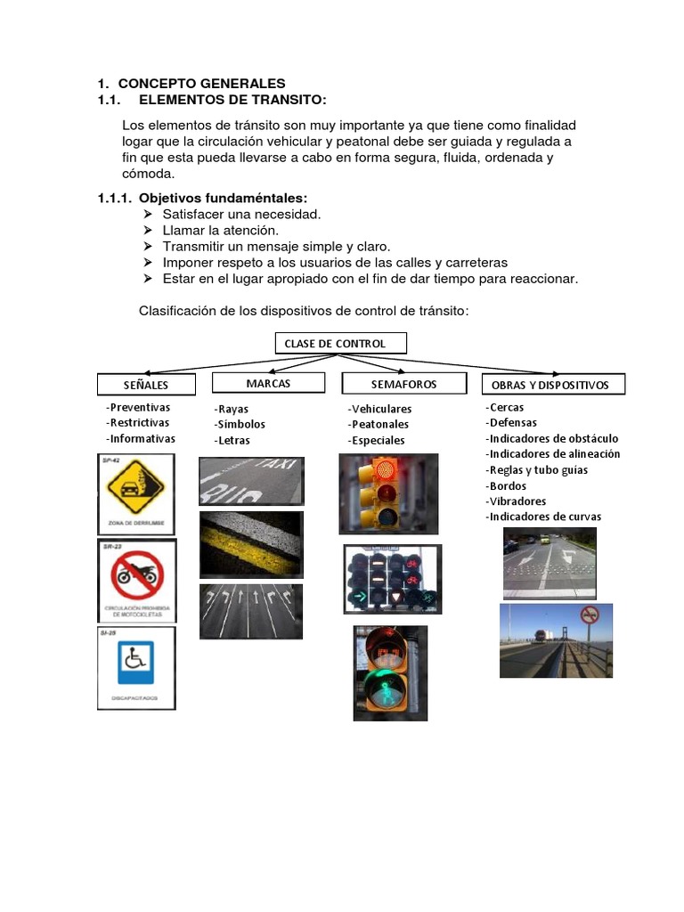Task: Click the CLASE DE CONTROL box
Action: click(339, 344)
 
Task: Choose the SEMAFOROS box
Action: click(403, 383)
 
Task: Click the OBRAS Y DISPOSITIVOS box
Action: click(553, 385)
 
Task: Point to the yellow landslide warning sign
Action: click(136, 490)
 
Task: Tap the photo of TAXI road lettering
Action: click(251, 481)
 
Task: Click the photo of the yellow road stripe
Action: click(251, 544)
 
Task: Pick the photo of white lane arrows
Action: click(251, 611)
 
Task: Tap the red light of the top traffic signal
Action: click(386, 469)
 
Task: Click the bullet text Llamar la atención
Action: click(214, 230)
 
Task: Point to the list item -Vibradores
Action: click(518, 501)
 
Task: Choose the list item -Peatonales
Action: click(379, 425)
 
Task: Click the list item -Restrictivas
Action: click(137, 423)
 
